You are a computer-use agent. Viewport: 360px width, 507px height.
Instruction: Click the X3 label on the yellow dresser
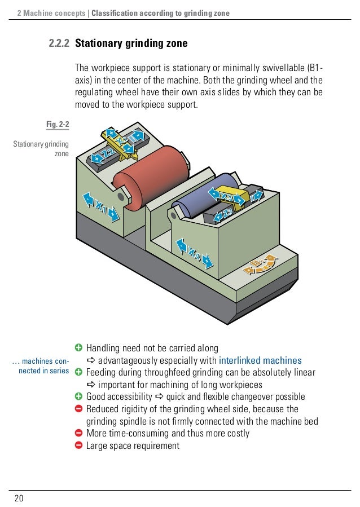click(227, 196)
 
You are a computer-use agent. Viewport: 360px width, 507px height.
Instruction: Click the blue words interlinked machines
click(260, 360)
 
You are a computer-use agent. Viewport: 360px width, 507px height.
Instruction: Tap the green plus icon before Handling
click(78, 348)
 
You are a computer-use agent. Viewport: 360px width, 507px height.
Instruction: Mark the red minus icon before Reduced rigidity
click(78, 409)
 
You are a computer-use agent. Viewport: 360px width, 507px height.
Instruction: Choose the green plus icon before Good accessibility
click(78, 396)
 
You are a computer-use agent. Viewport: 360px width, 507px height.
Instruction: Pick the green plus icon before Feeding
click(78, 373)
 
